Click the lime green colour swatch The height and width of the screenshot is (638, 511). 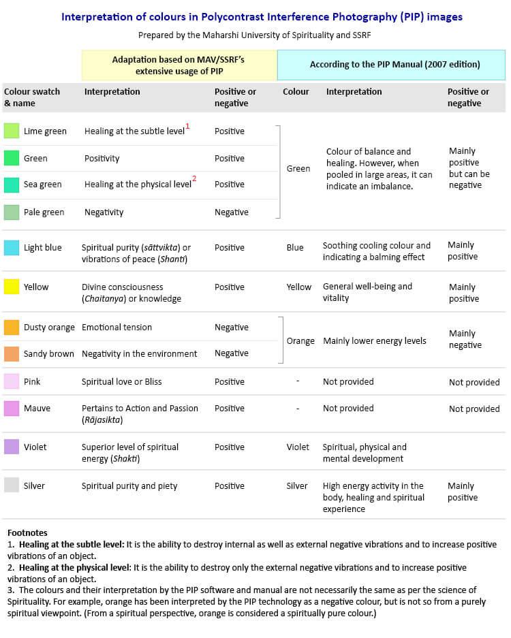[12, 131]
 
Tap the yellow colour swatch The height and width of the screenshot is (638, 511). [12, 287]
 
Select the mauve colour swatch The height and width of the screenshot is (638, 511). [12, 408]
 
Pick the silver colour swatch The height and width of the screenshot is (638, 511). [12, 485]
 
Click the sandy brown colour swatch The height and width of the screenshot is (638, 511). [12, 354]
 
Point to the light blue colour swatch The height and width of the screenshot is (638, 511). [12, 247]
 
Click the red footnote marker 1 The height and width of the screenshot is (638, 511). [187, 126]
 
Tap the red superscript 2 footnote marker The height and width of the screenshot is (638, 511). [194, 178]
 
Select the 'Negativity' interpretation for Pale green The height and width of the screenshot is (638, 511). [104, 212]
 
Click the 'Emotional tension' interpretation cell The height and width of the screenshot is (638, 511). [117, 327]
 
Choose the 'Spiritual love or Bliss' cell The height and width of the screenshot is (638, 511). [121, 382]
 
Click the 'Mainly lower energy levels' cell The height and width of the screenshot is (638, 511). [375, 341]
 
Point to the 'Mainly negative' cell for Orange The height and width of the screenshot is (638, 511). [465, 339]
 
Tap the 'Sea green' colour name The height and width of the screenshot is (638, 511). [43, 185]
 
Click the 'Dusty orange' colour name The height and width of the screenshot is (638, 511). [49, 327]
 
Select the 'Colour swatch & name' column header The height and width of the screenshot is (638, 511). [32, 97]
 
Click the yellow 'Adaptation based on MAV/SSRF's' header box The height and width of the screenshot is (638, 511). [179, 65]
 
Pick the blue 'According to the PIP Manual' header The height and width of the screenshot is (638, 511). [391, 65]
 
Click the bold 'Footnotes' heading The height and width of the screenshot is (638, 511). [27, 532]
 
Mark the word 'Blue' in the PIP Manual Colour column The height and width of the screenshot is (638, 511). [295, 247]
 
